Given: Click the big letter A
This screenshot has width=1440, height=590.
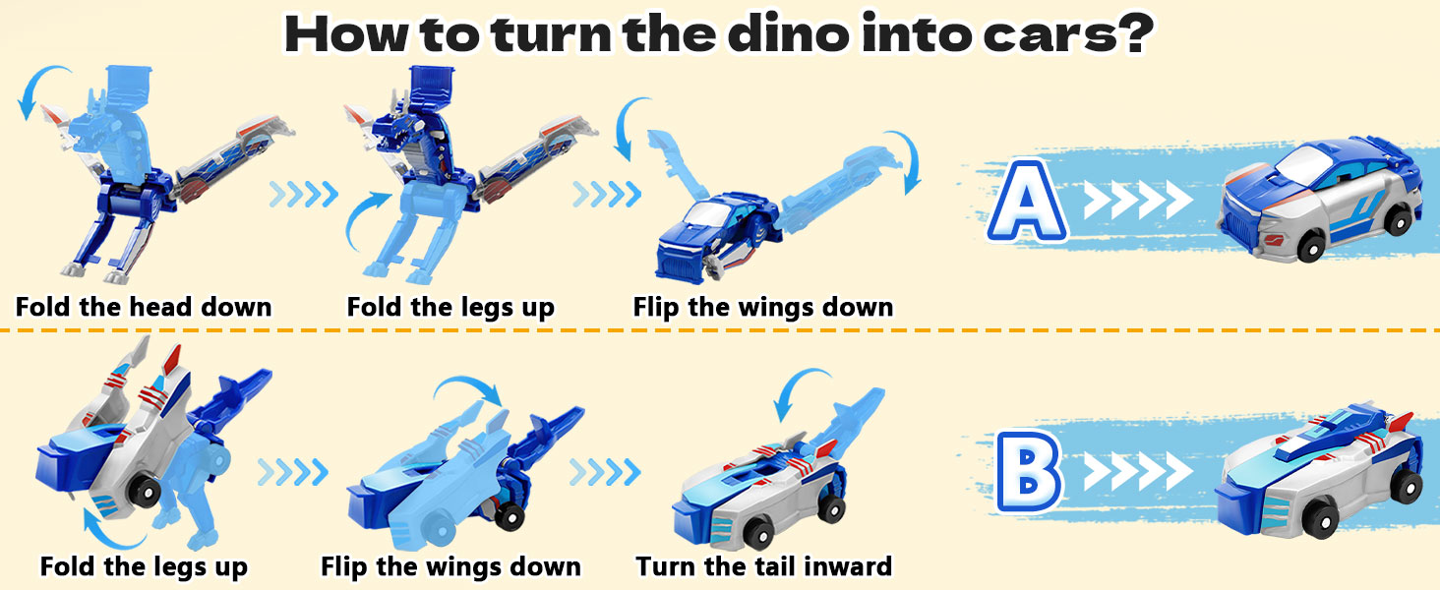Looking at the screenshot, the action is (1027, 201).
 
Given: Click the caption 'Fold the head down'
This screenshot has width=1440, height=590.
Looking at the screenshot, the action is (144, 307).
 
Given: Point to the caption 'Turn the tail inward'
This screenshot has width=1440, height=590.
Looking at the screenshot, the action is (763, 566).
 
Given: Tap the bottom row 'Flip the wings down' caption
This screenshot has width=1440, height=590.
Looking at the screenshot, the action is (450, 566).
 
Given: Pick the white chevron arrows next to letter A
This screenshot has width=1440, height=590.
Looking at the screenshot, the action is (1138, 200).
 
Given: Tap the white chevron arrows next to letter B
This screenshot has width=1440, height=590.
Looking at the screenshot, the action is (1138, 470).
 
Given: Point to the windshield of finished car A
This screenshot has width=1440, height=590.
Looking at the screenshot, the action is (1300, 160).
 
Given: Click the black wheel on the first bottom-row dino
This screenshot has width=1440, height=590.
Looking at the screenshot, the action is (146, 493).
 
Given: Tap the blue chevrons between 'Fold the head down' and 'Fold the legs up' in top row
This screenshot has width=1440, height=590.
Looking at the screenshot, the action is (303, 194).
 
